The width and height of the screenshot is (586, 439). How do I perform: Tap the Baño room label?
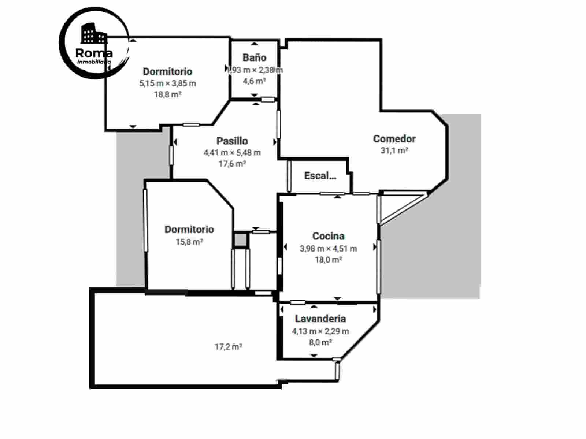[254, 57]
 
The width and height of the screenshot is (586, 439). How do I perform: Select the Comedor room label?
[394, 139]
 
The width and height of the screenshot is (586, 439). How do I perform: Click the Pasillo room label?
[232, 141]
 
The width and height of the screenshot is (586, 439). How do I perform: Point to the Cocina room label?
[328, 236]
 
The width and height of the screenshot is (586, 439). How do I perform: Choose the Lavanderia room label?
[320, 319]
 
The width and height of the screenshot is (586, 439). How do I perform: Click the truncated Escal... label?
[320, 176]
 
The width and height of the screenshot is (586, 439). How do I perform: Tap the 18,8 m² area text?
[168, 94]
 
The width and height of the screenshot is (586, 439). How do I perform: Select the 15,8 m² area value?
[189, 242]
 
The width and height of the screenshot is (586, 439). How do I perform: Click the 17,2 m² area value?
[228, 346]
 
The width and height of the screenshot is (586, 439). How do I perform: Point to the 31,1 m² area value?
[394, 150]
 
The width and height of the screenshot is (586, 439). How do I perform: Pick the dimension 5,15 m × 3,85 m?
[168, 83]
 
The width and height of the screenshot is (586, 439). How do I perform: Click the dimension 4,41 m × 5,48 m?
[232, 153]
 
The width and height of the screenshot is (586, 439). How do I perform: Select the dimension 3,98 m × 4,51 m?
[328, 249]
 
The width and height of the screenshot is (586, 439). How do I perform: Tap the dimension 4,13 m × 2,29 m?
[320, 331]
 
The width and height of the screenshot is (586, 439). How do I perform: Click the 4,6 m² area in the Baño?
[254, 81]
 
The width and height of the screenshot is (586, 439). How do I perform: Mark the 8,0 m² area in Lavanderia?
[320, 342]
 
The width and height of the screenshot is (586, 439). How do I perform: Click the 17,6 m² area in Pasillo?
[232, 164]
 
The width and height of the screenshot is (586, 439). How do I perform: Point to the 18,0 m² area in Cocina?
[328, 260]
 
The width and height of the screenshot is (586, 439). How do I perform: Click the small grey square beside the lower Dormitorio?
[241, 240]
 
